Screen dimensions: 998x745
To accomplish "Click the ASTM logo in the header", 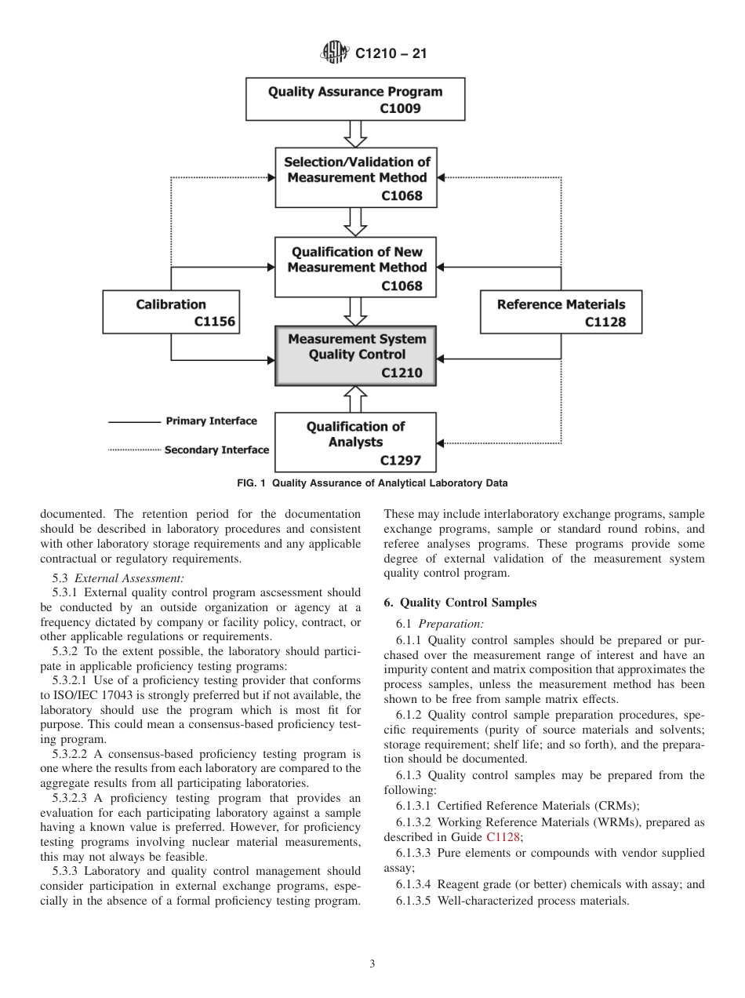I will (335, 53).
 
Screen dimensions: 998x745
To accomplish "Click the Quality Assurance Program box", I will (355, 99).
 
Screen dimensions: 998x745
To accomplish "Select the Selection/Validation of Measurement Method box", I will (357, 178).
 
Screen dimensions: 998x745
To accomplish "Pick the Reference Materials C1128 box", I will (561, 312).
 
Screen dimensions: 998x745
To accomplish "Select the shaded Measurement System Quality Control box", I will (357, 356).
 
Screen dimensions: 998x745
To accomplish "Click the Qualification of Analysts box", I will (357, 443).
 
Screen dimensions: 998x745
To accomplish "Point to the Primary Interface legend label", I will (211, 421).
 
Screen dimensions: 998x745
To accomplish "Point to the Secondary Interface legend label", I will (216, 450).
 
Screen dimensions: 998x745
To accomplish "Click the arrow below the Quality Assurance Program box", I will (357, 134).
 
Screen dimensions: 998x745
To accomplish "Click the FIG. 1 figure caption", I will (372, 483).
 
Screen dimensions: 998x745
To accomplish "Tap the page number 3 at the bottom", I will (372, 964).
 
